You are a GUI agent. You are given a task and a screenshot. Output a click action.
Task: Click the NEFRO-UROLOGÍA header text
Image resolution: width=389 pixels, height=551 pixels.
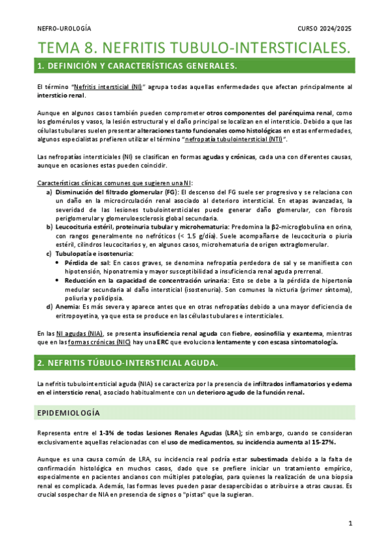[x=64, y=29]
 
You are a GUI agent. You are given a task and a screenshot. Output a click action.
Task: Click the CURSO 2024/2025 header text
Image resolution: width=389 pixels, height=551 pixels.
[x=325, y=29]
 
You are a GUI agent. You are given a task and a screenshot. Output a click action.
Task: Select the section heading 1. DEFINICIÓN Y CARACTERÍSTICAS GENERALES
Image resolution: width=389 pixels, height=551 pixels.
[x=137, y=66]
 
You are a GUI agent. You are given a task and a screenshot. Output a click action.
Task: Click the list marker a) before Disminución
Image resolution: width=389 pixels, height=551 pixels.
[x=49, y=192]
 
